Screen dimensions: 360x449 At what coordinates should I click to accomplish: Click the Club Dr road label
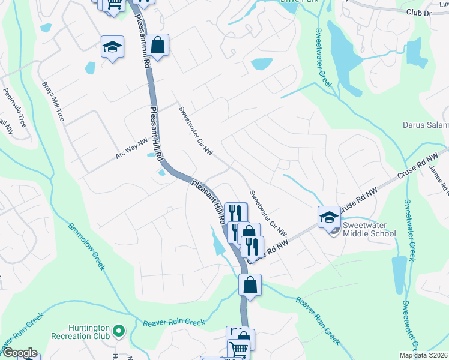(418, 13)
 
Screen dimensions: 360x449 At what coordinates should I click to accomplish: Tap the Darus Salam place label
(425, 125)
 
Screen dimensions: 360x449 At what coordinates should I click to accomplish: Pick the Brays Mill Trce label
(52, 101)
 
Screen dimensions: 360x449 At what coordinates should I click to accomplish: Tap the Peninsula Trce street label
(15, 107)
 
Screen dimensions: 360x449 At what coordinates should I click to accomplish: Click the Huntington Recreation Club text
(80, 332)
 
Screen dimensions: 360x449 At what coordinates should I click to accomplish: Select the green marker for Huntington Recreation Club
(119, 330)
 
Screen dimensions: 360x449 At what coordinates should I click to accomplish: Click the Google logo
(19, 353)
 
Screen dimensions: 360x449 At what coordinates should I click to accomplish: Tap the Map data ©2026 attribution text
(423, 355)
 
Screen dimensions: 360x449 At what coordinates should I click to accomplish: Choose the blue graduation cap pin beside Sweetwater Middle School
(328, 217)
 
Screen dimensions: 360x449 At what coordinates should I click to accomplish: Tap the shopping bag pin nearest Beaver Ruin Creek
(250, 285)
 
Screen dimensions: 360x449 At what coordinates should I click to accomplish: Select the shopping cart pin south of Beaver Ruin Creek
(239, 349)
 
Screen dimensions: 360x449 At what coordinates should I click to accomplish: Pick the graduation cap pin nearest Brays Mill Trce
(112, 49)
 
